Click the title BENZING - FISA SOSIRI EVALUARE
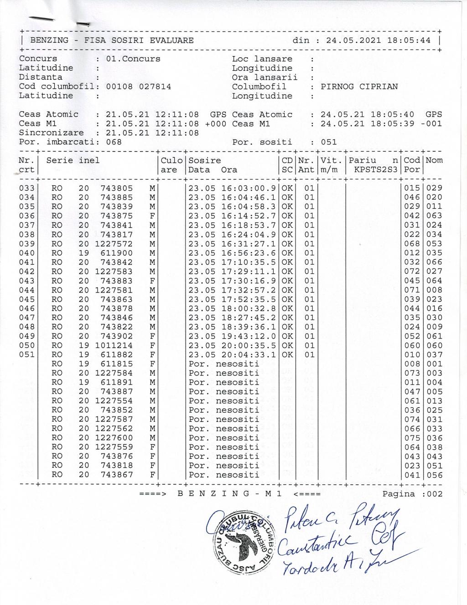pos(112,40)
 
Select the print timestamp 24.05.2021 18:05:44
pos(379,40)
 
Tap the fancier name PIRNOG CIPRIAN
pos(359,87)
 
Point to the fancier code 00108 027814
pos(138,87)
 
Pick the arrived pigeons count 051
pos(328,142)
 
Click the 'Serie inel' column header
pos(73,160)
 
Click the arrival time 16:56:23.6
pos(249,253)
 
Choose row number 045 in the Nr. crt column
pos(27,299)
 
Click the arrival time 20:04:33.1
pos(249,354)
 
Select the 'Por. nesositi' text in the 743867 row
pos(224,475)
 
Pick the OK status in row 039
pos(287,244)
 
